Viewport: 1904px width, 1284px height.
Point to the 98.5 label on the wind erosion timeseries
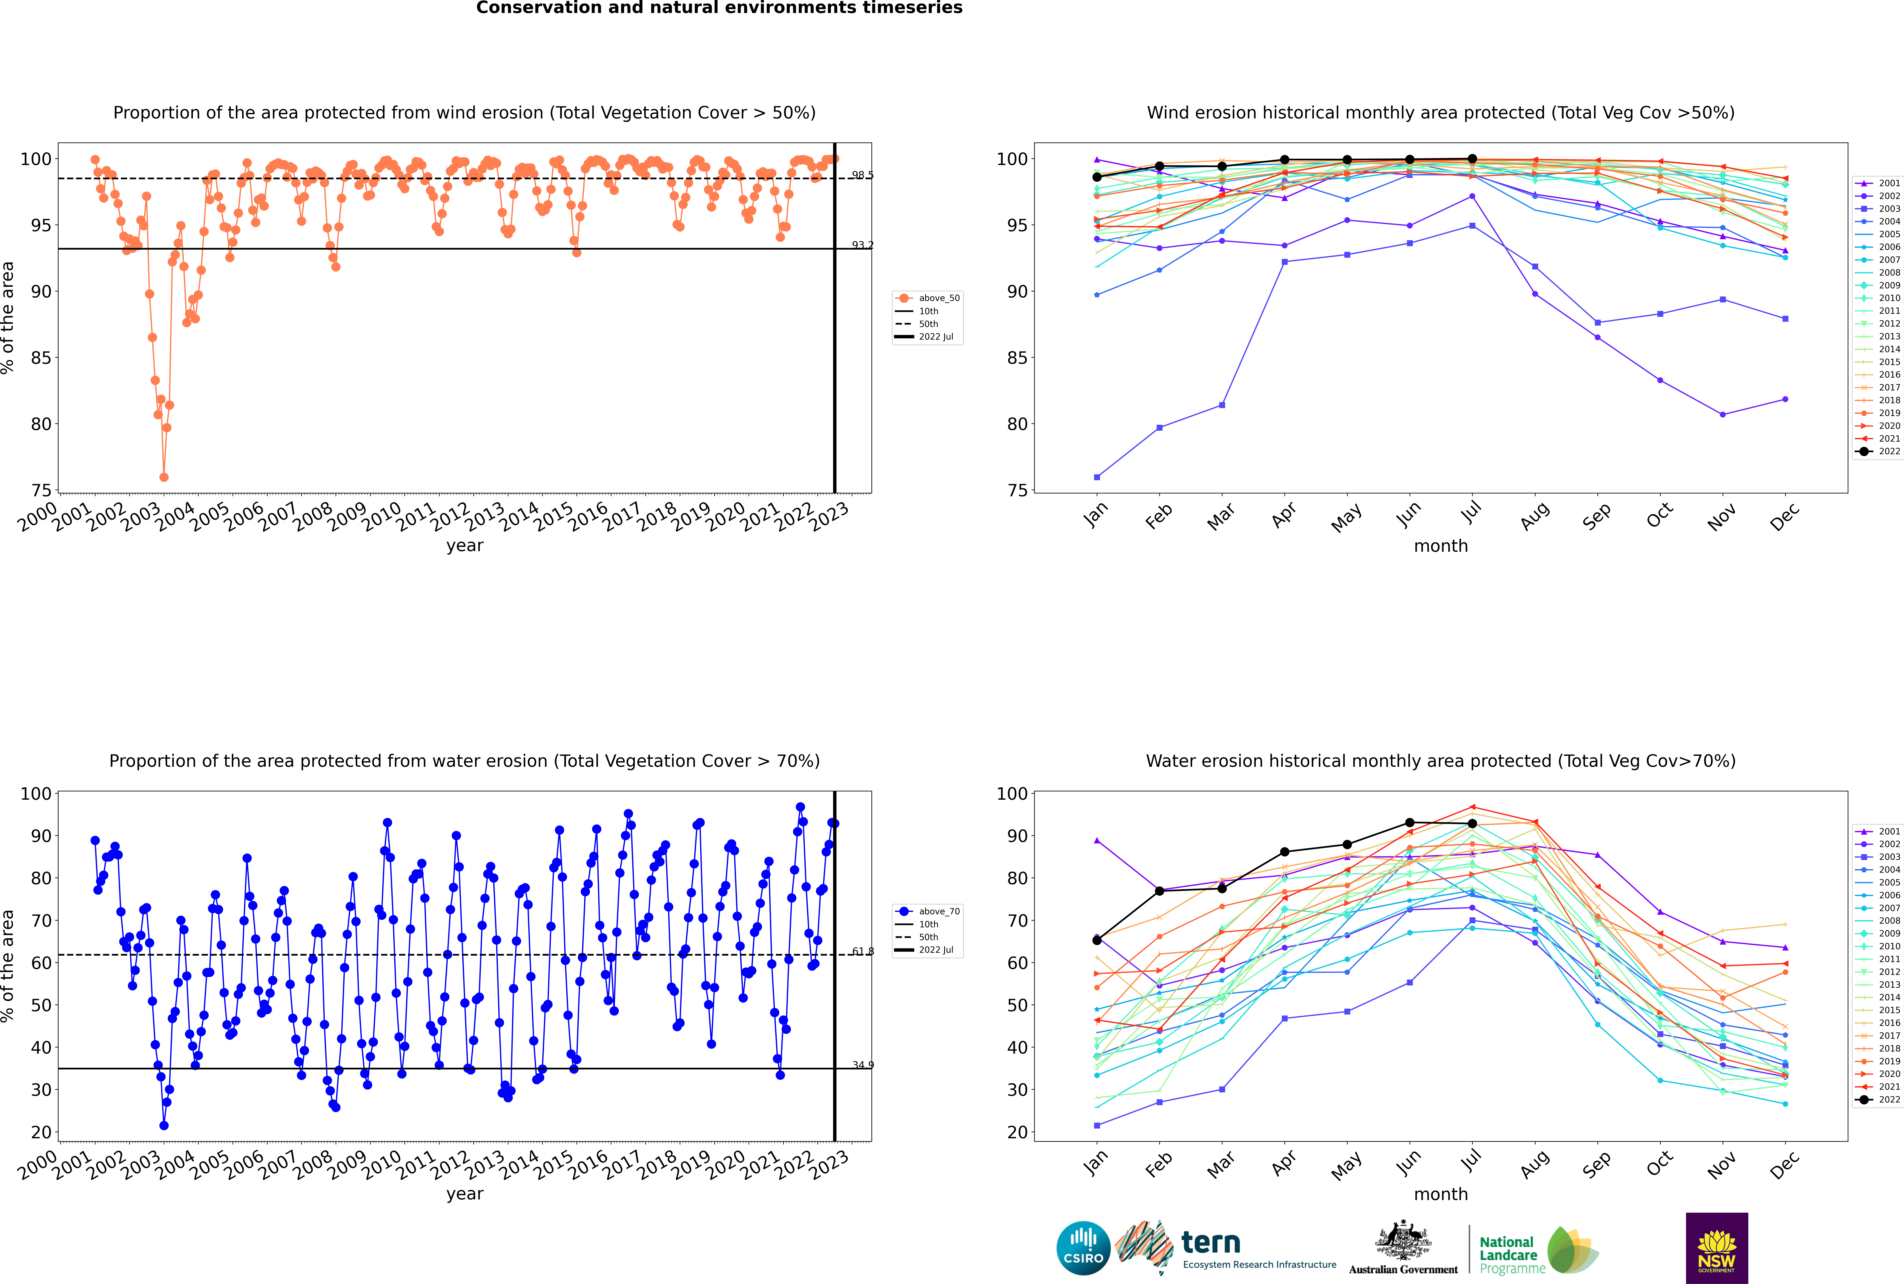(862, 175)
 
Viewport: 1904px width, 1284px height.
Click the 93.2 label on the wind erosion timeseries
(862, 245)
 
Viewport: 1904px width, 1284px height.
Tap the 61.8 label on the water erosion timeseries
(862, 952)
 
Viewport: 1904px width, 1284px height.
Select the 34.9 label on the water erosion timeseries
(862, 1065)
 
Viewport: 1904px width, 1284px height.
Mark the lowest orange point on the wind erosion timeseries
(164, 477)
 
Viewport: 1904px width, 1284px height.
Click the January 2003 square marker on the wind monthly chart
(1097, 477)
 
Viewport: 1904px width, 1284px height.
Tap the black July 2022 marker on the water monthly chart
(1472, 824)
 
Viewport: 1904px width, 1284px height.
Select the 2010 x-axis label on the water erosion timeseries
(381, 1165)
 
